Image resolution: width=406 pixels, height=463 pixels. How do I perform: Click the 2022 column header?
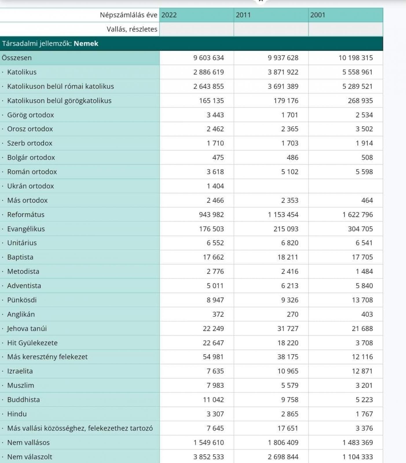click(x=169, y=15)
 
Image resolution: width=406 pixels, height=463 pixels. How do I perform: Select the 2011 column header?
click(x=243, y=15)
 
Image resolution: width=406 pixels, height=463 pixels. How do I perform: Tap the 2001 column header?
click(x=318, y=15)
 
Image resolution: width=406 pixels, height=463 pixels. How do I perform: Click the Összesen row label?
click(x=17, y=58)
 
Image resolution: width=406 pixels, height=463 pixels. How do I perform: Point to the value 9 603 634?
click(x=208, y=58)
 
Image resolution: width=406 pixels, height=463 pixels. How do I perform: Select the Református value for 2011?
click(x=283, y=215)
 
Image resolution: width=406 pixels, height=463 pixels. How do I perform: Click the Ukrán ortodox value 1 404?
click(x=215, y=186)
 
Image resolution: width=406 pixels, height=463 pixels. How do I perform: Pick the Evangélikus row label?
click(x=26, y=229)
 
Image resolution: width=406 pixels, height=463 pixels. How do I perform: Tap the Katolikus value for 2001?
click(x=357, y=72)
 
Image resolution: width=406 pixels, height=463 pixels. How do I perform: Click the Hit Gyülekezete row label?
click(x=32, y=343)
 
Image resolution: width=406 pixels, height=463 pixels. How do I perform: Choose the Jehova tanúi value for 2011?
click(x=288, y=329)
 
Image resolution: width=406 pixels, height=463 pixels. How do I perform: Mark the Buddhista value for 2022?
click(x=213, y=400)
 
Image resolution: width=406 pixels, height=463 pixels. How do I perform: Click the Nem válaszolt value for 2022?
click(x=208, y=457)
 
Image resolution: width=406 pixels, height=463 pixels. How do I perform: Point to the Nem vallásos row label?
click(x=28, y=443)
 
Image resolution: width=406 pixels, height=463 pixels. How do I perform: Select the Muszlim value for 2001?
click(x=364, y=385)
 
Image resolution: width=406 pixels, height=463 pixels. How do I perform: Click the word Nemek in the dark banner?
click(x=86, y=44)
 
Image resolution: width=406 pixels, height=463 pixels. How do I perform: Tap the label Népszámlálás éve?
click(x=128, y=15)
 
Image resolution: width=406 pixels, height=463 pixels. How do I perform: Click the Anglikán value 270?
click(x=292, y=314)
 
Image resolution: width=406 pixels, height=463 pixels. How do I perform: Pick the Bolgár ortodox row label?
click(x=31, y=158)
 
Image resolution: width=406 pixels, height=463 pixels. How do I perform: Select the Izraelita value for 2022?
click(x=215, y=371)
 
